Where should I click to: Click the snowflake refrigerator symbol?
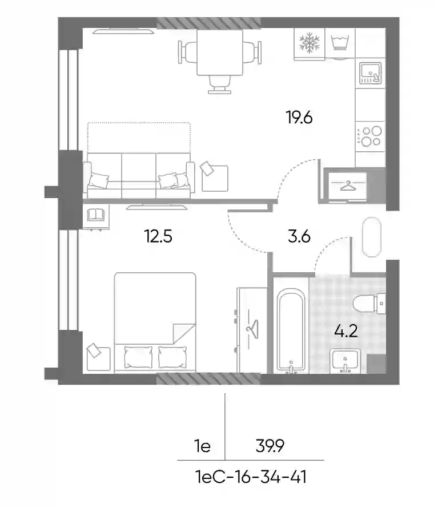(x=309, y=42)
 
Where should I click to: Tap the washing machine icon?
(x=339, y=42)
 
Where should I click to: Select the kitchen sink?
(x=370, y=73)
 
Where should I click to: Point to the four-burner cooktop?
(x=371, y=136)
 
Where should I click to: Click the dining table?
(x=220, y=52)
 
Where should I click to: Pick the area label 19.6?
(x=299, y=117)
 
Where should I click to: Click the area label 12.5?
(x=158, y=236)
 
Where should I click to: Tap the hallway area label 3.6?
(x=299, y=236)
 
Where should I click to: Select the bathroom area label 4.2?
(x=346, y=331)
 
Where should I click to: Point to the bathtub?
(x=291, y=329)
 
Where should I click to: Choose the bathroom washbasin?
(x=345, y=361)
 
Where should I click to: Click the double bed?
(x=155, y=322)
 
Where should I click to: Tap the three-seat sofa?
(x=139, y=175)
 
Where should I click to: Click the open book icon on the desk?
(x=96, y=215)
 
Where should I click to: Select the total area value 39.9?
(x=270, y=446)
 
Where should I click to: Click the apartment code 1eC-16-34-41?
(x=251, y=477)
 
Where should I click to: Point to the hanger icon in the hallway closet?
(x=347, y=186)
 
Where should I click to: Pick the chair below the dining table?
(x=220, y=84)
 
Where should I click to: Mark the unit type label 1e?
(x=203, y=446)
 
